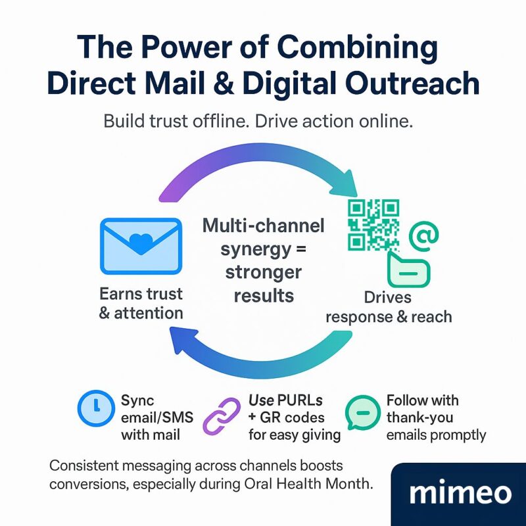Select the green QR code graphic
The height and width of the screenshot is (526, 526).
pos(373,226)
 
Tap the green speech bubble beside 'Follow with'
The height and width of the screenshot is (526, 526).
pos(362,413)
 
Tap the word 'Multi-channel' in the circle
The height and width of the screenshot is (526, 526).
pos(264,227)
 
